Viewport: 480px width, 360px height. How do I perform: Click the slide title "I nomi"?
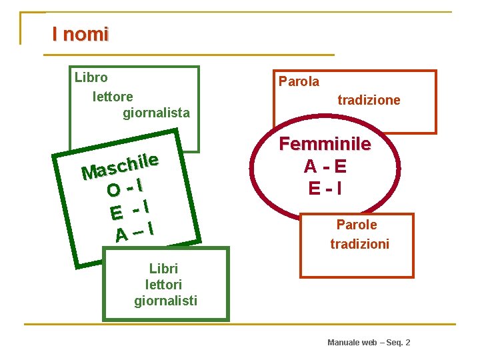(80, 34)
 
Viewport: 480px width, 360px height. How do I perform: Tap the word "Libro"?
(91, 77)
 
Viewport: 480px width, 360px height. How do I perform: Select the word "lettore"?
(113, 97)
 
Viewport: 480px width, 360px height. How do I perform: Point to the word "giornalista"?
(156, 113)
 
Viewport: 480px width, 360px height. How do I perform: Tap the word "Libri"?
(163, 269)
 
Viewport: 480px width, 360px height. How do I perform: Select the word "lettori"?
(164, 285)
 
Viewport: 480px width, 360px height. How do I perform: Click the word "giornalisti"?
(165, 301)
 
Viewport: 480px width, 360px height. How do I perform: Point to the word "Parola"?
(299, 82)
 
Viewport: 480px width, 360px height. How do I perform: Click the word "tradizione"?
(369, 101)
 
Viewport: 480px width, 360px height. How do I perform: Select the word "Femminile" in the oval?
(325, 144)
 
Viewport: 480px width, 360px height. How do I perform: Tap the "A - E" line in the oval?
(325, 166)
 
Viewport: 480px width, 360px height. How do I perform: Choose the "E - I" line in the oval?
(325, 189)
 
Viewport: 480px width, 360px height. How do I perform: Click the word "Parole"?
(356, 225)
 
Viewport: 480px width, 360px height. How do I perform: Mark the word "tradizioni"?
(359, 245)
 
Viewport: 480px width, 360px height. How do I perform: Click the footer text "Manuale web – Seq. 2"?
(369, 342)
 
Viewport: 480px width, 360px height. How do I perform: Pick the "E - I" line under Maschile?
(129, 210)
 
